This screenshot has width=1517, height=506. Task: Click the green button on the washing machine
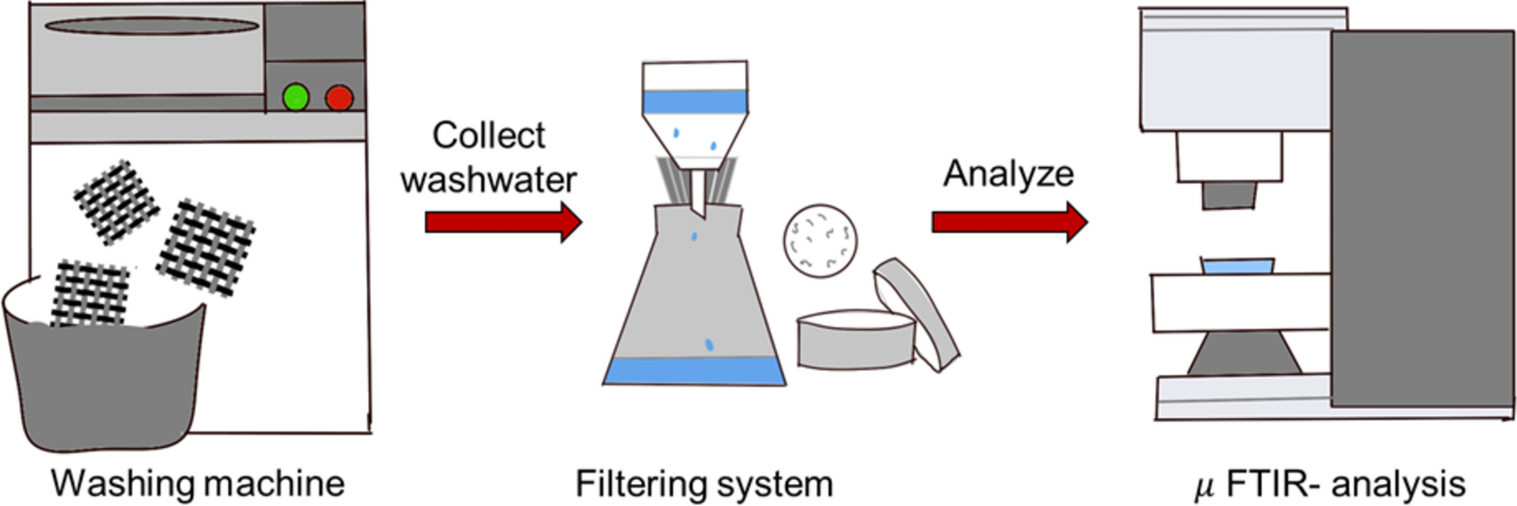(296, 97)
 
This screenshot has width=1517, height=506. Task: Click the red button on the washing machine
(339, 97)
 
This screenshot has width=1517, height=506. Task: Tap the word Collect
(488, 135)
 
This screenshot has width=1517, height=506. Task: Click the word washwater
(488, 179)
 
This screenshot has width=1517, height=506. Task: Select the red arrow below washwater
(502, 222)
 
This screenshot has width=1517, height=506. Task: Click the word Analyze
(1008, 174)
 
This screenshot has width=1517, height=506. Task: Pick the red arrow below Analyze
(1009, 222)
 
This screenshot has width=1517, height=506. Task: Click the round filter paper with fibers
(820, 240)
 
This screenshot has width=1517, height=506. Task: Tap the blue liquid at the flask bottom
(694, 371)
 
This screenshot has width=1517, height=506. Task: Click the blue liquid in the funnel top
(694, 103)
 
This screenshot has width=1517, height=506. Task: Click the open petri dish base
(854, 342)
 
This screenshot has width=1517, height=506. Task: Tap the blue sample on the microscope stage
(1237, 266)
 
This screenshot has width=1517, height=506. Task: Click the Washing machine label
(197, 484)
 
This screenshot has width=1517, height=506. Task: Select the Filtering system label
(704, 484)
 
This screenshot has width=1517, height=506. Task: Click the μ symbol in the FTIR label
(1204, 487)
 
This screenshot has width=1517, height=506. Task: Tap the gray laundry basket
(102, 385)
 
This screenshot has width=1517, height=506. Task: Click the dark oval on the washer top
(152, 26)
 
